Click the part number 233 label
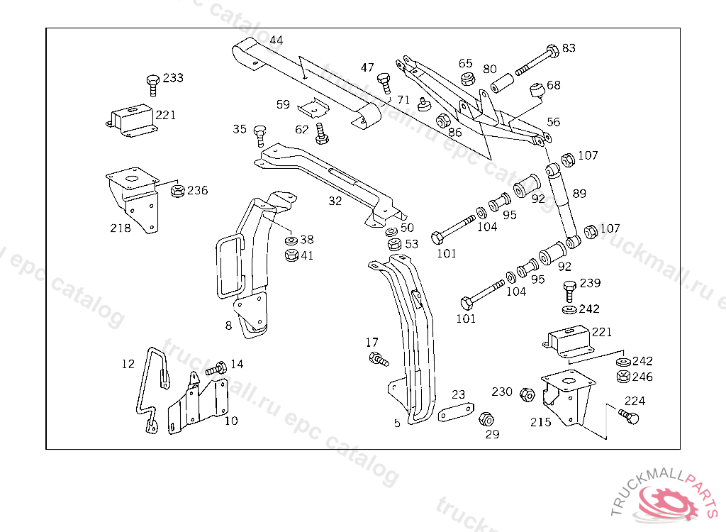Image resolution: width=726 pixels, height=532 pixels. click(173, 78)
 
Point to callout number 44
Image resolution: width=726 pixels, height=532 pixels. click(277, 40)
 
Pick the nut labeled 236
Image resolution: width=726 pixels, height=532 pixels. click(178, 190)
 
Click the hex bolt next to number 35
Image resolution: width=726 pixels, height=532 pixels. click(259, 134)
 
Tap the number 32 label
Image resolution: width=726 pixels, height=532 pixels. click(335, 201)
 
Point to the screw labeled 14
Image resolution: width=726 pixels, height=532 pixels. click(217, 368)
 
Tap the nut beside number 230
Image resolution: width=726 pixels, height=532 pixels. click(526, 394)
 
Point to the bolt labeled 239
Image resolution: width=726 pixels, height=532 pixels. click(569, 290)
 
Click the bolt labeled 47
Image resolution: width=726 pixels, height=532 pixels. click(384, 82)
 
